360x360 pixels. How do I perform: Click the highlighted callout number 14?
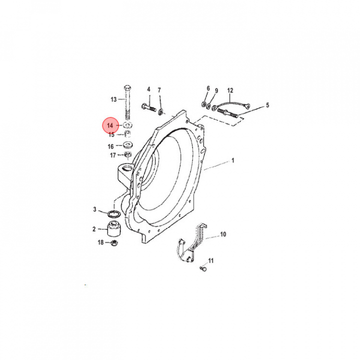(110, 125)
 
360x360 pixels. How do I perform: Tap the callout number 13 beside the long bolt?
(113, 99)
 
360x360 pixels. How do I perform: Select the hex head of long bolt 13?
(127, 87)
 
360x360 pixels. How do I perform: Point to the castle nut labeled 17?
(127, 154)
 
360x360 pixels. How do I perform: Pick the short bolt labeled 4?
(149, 107)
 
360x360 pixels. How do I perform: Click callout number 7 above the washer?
(159, 90)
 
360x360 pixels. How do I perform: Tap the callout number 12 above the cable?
(230, 90)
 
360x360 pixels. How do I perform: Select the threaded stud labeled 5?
(227, 113)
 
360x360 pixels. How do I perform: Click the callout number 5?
(267, 105)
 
